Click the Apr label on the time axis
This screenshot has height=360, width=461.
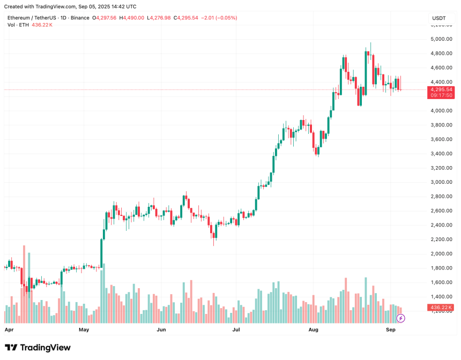[9, 331]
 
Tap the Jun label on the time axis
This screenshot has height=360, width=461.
[161, 331]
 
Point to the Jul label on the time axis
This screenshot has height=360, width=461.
[236, 331]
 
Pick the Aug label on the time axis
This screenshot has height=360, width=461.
[314, 331]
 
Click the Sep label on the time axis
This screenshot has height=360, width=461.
[391, 331]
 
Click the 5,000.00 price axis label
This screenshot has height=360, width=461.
[441, 39]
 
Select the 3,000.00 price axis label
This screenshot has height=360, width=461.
[441, 182]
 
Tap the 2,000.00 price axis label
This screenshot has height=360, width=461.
[441, 253]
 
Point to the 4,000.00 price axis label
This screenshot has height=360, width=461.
[441, 111]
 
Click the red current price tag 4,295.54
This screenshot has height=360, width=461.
[441, 89]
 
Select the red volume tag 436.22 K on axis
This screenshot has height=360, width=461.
[441, 307]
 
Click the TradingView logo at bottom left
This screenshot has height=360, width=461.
[38, 348]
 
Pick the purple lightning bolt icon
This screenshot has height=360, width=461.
[400, 318]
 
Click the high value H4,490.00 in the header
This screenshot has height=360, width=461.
[133, 18]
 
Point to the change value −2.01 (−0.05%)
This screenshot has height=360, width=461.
[219, 18]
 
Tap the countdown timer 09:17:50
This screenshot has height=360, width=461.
[441, 95]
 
